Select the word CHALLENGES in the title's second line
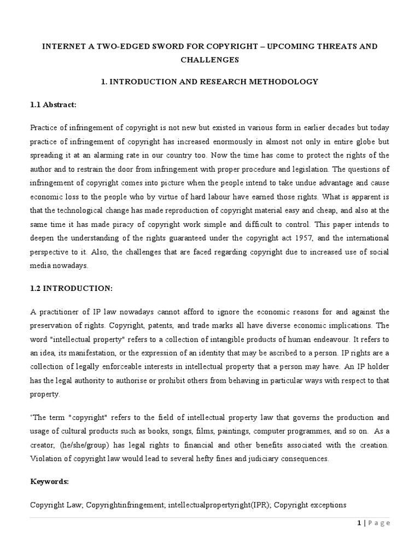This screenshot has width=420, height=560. [210, 60]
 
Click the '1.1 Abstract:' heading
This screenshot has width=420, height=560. [53, 104]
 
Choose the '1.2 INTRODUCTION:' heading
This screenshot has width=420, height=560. [63, 288]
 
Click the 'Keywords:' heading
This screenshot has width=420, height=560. [50, 482]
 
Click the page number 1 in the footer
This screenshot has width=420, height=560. [359, 523]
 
